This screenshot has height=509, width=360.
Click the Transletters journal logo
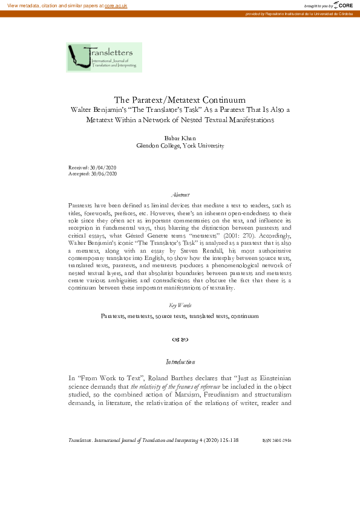104,57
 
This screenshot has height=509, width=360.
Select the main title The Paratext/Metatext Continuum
179,100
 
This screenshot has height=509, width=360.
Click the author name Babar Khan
180,138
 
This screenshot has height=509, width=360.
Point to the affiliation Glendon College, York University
180,146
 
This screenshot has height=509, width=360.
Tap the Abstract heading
180,195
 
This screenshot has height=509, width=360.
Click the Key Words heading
180,306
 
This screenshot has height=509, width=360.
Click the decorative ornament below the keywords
180,340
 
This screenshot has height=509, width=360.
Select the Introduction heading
180,362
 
